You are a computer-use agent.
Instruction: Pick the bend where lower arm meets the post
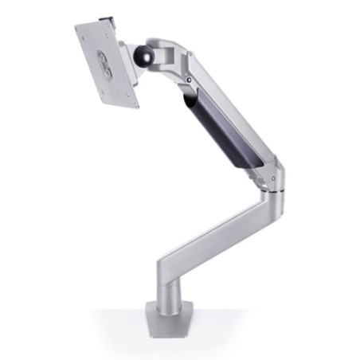pos(162,267)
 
